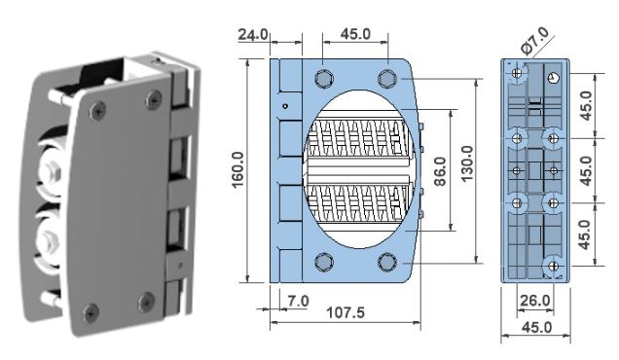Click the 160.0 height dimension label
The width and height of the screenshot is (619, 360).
point(238,170)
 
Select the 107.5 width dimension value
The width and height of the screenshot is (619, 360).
point(346,313)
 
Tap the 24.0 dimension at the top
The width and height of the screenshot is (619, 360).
point(253,34)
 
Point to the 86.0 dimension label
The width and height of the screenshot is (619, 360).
point(439,171)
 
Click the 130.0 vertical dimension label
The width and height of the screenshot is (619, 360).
point(467,163)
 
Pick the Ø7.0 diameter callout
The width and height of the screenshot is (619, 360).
point(534,40)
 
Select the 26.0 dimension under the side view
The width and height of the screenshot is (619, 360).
point(535,301)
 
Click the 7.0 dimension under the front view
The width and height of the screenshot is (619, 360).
point(298,302)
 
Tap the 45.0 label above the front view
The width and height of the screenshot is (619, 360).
point(355,34)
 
